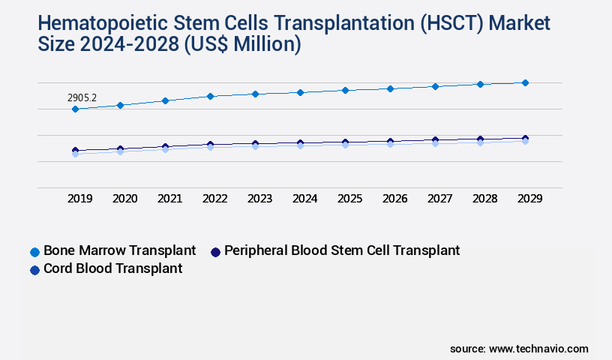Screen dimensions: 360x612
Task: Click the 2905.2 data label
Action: pyautogui.click(x=82, y=97)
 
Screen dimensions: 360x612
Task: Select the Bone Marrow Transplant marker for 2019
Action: pyautogui.click(x=75, y=109)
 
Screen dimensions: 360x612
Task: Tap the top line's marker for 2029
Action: pyautogui.click(x=525, y=82)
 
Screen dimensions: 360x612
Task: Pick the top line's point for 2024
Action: pyautogui.click(x=300, y=92)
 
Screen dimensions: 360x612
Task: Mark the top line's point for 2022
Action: pyautogui.click(x=210, y=96)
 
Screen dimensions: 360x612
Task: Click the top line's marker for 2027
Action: pyautogui.click(x=435, y=86)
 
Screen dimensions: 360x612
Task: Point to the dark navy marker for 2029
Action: pyautogui.click(x=525, y=138)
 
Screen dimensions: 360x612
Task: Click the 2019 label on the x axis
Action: pyautogui.click(x=80, y=199)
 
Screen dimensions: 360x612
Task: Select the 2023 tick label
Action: pyautogui.click(x=259, y=199)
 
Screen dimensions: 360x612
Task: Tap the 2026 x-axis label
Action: pyautogui.click(x=394, y=199)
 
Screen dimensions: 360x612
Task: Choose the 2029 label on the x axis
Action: pyautogui.click(x=529, y=199)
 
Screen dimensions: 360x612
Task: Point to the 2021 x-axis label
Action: pyautogui.click(x=169, y=199)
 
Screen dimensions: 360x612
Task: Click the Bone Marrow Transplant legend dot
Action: pyautogui.click(x=34, y=251)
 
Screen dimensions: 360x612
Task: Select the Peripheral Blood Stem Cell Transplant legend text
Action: pyautogui.click(x=342, y=250)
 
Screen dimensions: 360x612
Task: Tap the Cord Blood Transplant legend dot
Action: pyautogui.click(x=34, y=269)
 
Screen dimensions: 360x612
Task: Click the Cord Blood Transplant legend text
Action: pyautogui.click(x=112, y=268)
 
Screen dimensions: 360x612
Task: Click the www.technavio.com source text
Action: pyautogui.click(x=538, y=349)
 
